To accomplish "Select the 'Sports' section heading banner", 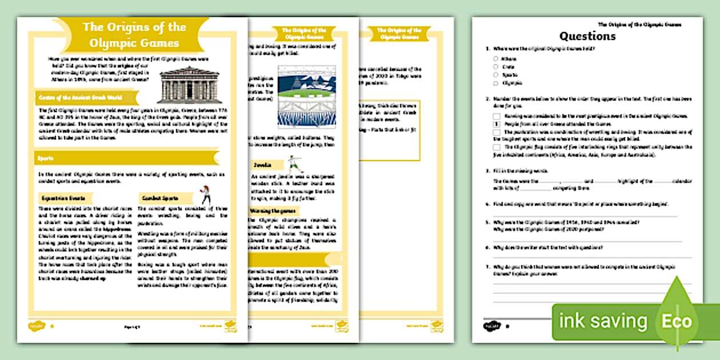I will [x=46, y=158].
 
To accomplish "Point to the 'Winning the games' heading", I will [x=273, y=211].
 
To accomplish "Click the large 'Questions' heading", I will [x=587, y=36].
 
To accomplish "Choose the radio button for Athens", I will [x=495, y=58].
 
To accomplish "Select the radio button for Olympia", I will [x=495, y=83].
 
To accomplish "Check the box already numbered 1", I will [x=497, y=123].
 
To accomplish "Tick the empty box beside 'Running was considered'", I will [x=497, y=115].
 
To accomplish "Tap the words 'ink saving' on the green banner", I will [x=603, y=321].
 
